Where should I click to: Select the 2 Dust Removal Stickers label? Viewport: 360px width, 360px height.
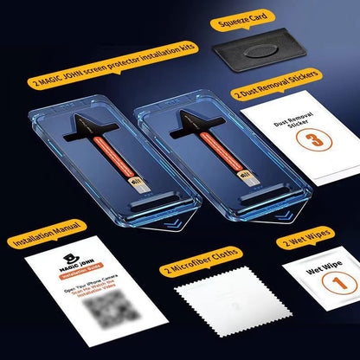[x=275, y=90]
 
